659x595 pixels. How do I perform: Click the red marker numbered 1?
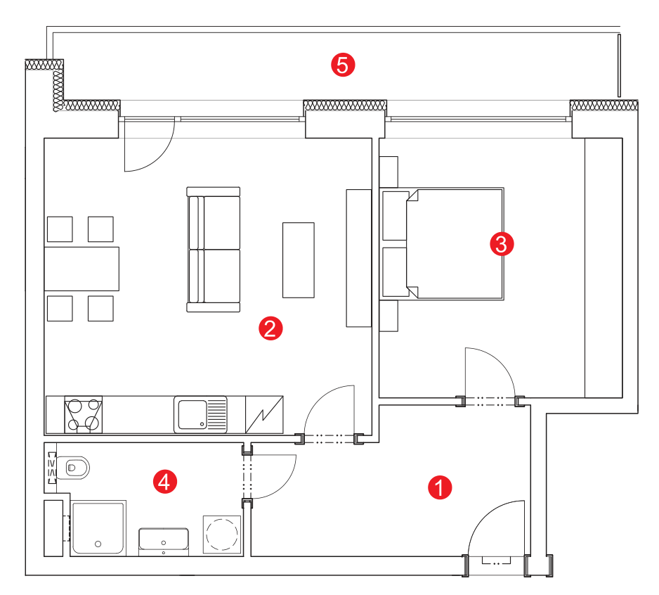click(x=440, y=487)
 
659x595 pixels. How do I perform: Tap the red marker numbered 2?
click(x=270, y=328)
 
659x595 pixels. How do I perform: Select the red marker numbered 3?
click(x=502, y=243)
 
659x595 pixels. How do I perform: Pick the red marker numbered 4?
click(x=164, y=481)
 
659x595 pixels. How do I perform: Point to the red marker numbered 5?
click(x=343, y=65)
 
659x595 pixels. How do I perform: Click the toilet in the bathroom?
click(x=73, y=468)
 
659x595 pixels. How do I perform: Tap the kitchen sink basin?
click(x=193, y=414)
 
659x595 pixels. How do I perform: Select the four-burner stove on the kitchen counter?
click(x=83, y=414)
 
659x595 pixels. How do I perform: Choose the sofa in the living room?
click(x=214, y=250)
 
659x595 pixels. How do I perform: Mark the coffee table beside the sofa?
click(x=299, y=260)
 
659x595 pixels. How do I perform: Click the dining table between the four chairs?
click(x=81, y=269)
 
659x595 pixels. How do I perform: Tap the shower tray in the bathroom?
click(x=98, y=528)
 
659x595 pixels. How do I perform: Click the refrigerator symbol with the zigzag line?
click(x=264, y=414)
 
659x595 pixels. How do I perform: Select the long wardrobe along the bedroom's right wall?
click(x=603, y=268)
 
